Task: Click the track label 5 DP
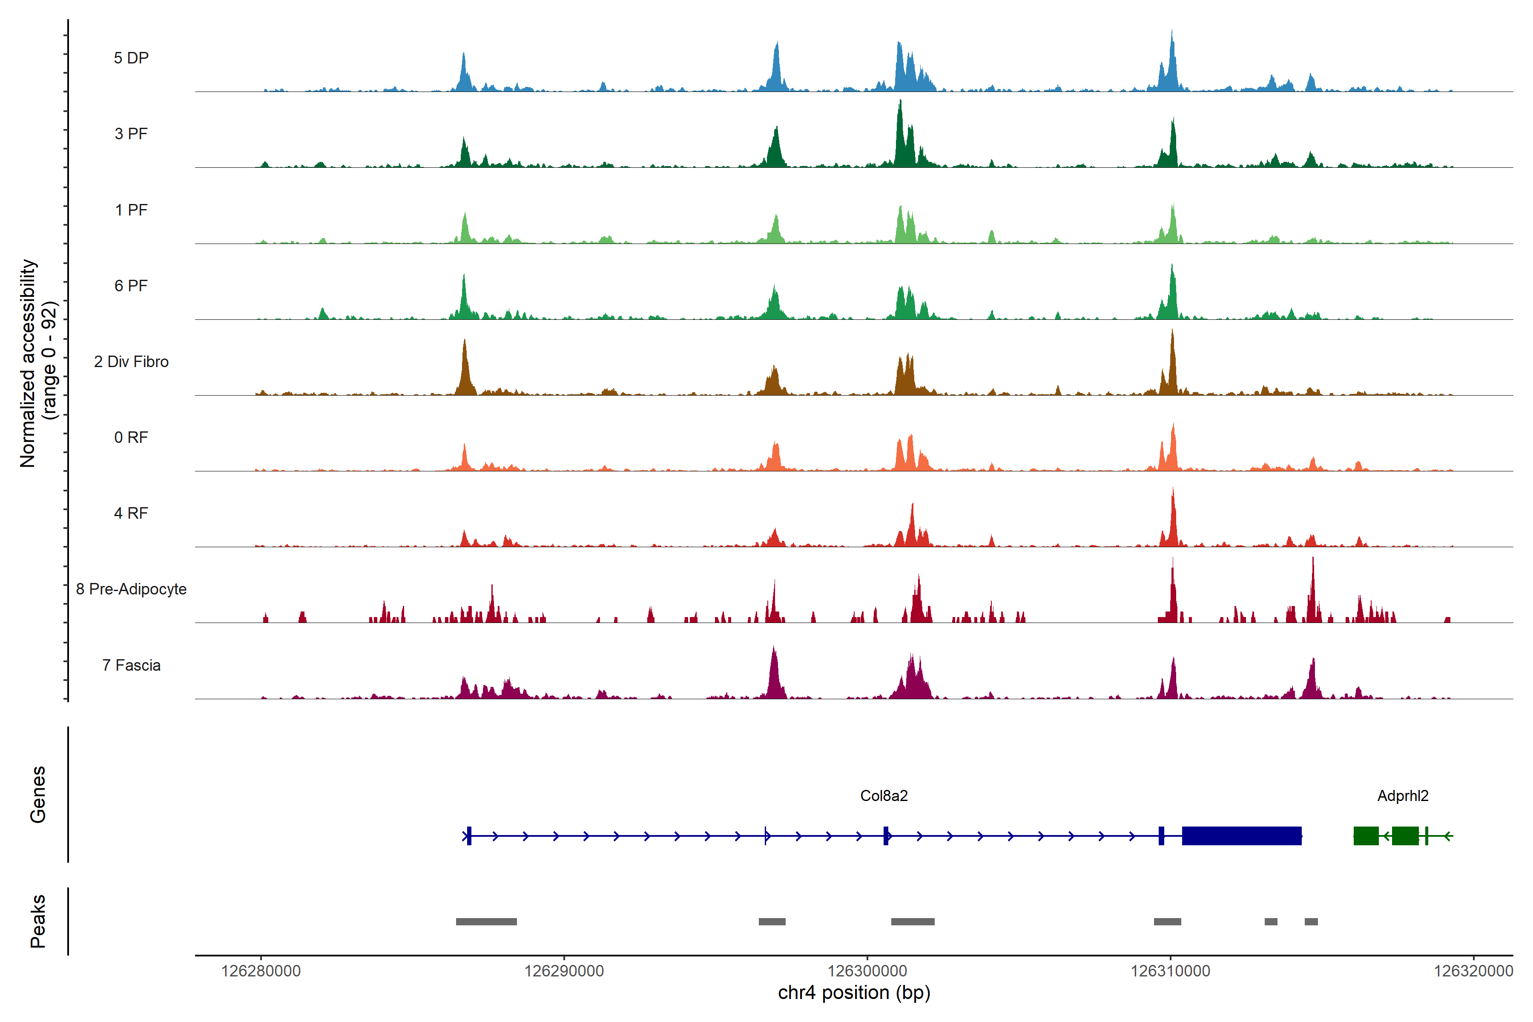click(x=131, y=58)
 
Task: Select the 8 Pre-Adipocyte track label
click(x=131, y=589)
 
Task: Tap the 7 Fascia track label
click(x=131, y=666)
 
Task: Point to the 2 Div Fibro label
click(x=131, y=362)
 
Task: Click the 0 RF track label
click(x=131, y=437)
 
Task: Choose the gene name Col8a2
click(x=884, y=796)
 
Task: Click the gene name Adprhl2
click(x=1403, y=796)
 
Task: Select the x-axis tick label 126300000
click(x=867, y=971)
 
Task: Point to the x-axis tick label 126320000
click(x=1473, y=971)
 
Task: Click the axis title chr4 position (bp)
click(x=854, y=993)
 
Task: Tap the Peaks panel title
click(x=38, y=921)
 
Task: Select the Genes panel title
click(x=38, y=795)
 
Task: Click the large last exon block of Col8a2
click(x=1242, y=835)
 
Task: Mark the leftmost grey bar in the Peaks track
click(x=486, y=922)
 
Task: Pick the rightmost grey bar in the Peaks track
click(x=1311, y=922)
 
